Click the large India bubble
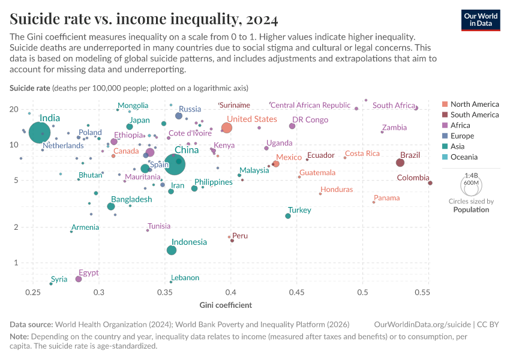(x=38, y=133)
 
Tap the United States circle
(x=227, y=128)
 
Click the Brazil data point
(x=400, y=163)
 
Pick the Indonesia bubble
(x=172, y=250)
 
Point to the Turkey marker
(x=288, y=216)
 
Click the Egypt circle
(x=79, y=279)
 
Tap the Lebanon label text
(x=185, y=278)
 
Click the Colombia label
(x=413, y=178)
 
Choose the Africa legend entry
(x=460, y=125)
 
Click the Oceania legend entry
(x=464, y=157)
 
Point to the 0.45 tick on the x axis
(x=296, y=292)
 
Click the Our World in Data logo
(x=481, y=20)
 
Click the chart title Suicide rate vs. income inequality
(x=143, y=20)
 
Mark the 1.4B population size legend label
(x=471, y=175)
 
